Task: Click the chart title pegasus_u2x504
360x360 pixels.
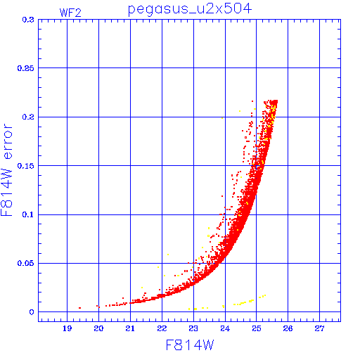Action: [190, 9]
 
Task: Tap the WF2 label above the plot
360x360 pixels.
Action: [70, 13]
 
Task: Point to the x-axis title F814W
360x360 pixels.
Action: [190, 345]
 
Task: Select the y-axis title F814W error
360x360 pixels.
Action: [6, 170]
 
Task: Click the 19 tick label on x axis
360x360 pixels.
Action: [67, 328]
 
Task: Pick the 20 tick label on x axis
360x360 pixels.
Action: [98, 328]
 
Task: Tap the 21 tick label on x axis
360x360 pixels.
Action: [130, 328]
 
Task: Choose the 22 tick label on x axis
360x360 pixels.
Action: [162, 328]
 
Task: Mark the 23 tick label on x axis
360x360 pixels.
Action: [193, 328]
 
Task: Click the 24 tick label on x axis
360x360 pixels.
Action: [225, 328]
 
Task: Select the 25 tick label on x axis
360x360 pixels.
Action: [257, 328]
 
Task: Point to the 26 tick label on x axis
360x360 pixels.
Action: [288, 328]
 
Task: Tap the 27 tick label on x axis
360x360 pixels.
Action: [319, 328]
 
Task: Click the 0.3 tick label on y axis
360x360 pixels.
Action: [28, 20]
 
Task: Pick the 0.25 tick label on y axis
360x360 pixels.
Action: [26, 68]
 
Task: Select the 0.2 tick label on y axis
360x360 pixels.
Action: [28, 117]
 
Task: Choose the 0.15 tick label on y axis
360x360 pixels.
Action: [26, 166]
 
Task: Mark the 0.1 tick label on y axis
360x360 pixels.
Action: [28, 214]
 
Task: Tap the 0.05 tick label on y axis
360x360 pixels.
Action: [26, 263]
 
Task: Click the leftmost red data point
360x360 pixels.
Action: [80, 308]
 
